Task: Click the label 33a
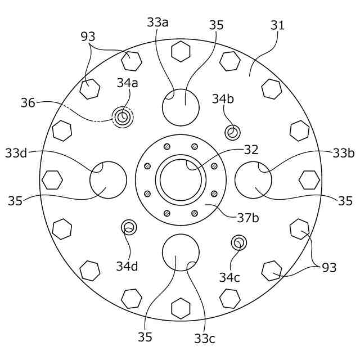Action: click(x=157, y=22)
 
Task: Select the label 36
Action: click(x=28, y=103)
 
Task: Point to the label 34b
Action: click(x=223, y=98)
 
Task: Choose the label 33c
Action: click(x=205, y=338)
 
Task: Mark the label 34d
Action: click(x=127, y=266)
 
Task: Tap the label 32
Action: click(x=251, y=150)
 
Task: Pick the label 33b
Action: click(x=343, y=152)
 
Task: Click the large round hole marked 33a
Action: click(x=181, y=107)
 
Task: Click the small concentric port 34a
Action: click(x=123, y=118)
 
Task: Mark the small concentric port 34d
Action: click(x=129, y=227)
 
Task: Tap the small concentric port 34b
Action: click(x=232, y=133)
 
